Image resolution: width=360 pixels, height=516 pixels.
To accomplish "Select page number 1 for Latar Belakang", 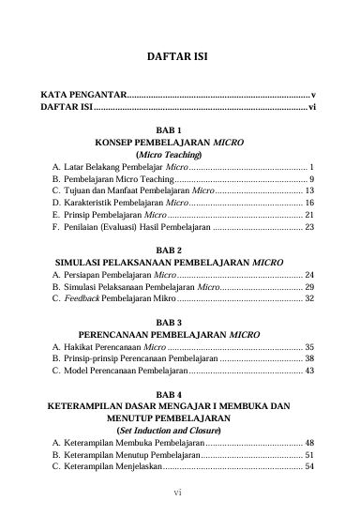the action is point(311,165).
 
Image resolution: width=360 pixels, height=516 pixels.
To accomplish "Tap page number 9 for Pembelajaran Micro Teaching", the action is point(311,177).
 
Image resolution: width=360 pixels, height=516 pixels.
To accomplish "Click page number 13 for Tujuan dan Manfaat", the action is point(308,190).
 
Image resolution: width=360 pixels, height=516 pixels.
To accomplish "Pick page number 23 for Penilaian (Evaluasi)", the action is point(308,226).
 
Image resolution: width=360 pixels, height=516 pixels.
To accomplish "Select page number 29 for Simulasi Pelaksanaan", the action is point(308,286).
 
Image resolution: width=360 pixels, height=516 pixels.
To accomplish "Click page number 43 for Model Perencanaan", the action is point(308,371).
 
